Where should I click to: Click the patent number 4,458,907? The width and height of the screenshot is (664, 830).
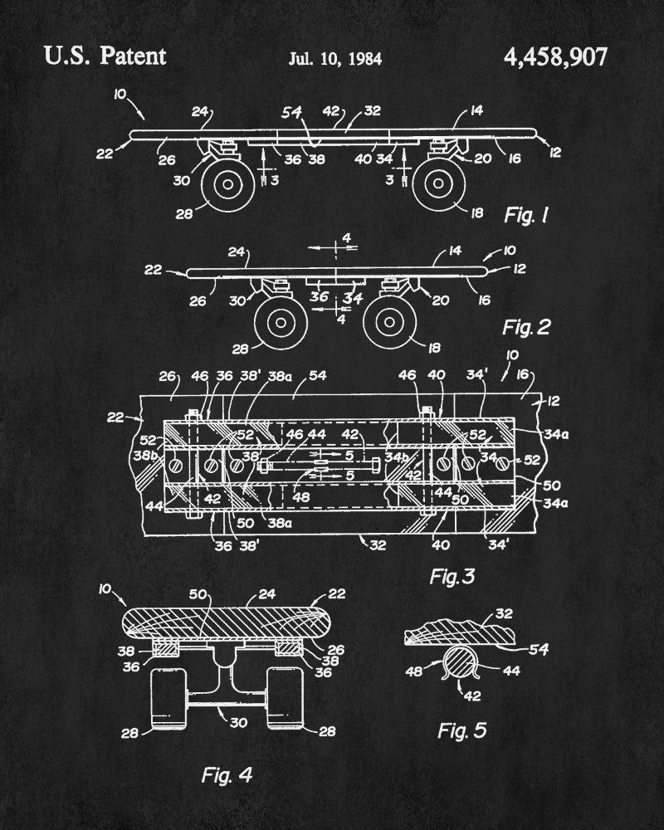click(x=555, y=57)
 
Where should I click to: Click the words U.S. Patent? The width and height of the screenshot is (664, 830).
click(x=105, y=56)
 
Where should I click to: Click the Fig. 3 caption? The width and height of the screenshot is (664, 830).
click(x=456, y=575)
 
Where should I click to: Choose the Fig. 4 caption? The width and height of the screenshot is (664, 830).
click(x=227, y=775)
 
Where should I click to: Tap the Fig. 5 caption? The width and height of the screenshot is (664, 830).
click(x=461, y=730)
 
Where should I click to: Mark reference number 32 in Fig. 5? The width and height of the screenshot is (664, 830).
click(x=528, y=614)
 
